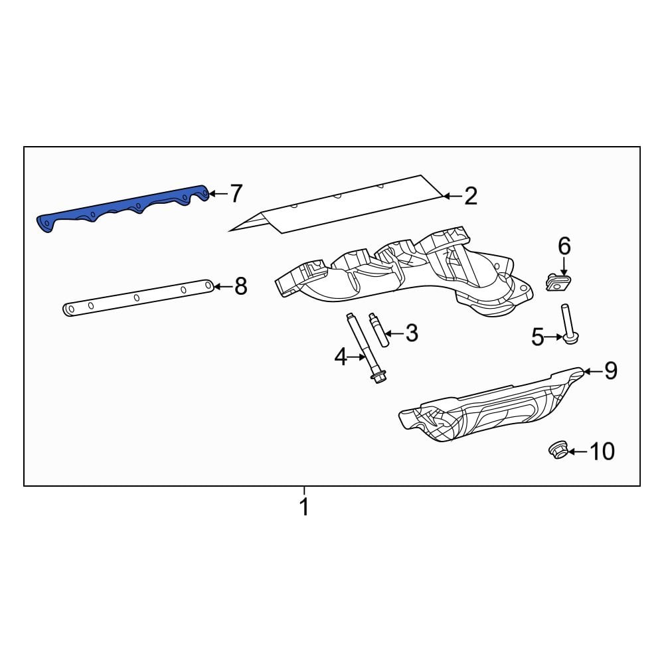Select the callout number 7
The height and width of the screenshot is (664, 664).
[236, 194]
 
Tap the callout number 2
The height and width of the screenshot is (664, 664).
[470, 196]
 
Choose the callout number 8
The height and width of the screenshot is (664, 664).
[240, 286]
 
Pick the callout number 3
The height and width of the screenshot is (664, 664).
[412, 333]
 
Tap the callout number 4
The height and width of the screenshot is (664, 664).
[340, 358]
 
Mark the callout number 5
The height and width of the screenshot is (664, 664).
[538, 337]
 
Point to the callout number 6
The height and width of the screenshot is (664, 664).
[564, 247]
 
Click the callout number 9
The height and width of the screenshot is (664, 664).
[610, 371]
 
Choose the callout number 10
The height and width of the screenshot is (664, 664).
[602, 452]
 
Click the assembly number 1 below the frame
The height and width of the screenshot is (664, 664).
[304, 507]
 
